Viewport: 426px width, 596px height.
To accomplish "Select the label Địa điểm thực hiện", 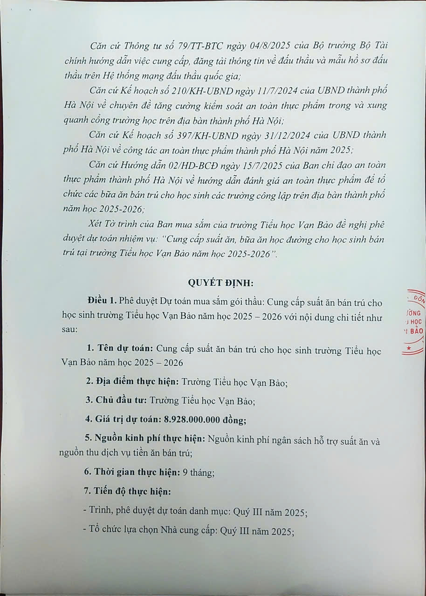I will tap(132, 382).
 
